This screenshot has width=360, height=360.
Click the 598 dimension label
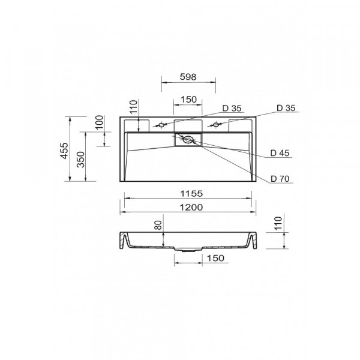(x=188, y=77)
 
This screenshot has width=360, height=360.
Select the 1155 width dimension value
(x=191, y=194)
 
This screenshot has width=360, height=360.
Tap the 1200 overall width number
(x=191, y=208)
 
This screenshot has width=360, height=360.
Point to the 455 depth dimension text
(x=64, y=151)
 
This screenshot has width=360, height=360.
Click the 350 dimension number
(x=81, y=160)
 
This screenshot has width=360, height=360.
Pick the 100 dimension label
(x=99, y=122)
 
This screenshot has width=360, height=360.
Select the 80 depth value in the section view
(x=158, y=225)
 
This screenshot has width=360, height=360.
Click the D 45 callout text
(x=280, y=153)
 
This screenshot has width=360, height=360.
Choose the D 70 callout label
(x=280, y=179)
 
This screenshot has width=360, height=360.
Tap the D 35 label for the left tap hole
(x=232, y=109)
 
